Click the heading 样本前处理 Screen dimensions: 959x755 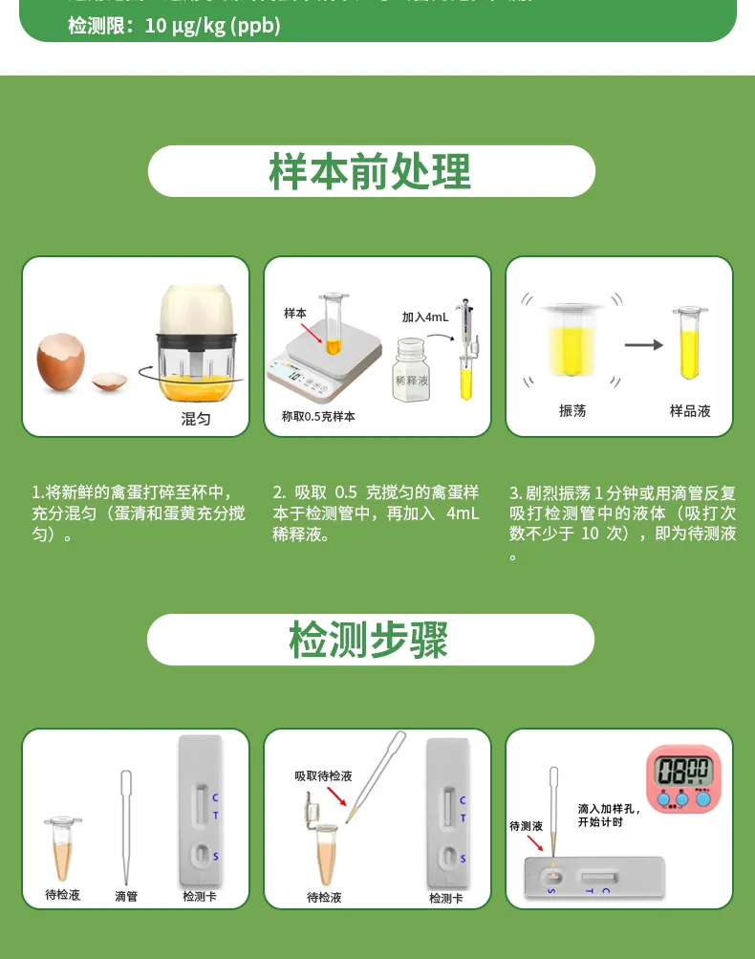pos(371,172)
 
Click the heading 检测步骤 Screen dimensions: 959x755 pos(369,640)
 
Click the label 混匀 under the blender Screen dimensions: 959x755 pos(196,419)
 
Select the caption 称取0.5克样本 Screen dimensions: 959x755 pos(318,417)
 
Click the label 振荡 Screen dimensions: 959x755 pos(572,411)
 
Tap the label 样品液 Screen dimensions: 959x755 pos(690,411)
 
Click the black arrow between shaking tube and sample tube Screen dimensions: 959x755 pos(643,345)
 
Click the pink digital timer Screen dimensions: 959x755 pos(682,777)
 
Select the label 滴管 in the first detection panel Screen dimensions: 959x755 pos(126,896)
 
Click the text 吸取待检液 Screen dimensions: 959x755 pos(323,775)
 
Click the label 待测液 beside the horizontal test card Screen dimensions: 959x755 pos(526,825)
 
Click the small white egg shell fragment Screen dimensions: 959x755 pos(109,381)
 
